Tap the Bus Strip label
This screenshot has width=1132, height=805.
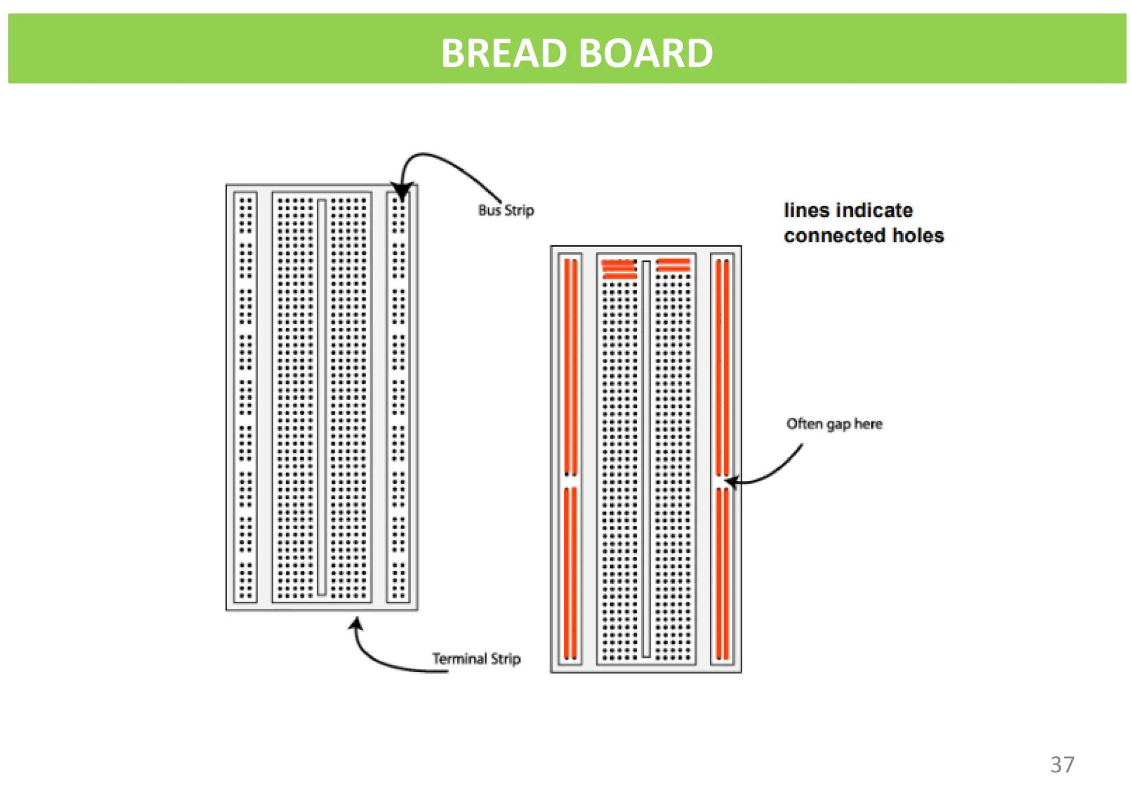[506, 210]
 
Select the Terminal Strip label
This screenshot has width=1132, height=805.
[476, 658]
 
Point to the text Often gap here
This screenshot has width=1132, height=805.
[834, 424]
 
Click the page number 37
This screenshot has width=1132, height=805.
[1062, 765]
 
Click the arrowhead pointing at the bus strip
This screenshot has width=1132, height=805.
[401, 191]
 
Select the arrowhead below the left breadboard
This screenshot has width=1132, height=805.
[357, 624]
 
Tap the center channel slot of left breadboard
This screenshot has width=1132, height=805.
[322, 397]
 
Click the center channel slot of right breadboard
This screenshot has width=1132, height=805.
[646, 459]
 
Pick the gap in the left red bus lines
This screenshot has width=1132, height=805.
[570, 481]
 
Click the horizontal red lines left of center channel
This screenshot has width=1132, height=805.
[619, 269]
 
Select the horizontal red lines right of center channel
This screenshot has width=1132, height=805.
[673, 265]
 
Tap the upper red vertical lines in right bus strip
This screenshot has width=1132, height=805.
[722, 367]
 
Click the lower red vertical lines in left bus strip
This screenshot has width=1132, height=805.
[570, 573]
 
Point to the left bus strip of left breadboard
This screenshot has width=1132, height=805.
[245, 397]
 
